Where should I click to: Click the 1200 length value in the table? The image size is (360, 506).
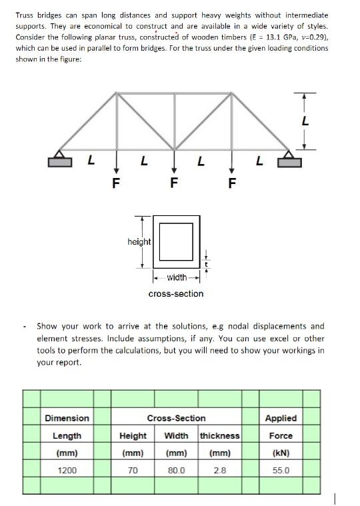point(67,470)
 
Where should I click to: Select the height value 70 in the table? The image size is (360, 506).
point(133,470)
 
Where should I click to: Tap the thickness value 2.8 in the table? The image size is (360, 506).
point(219,470)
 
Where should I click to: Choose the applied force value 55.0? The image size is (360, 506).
point(281,470)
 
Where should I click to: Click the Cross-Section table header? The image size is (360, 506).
point(176,418)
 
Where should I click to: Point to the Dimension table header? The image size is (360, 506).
point(67,418)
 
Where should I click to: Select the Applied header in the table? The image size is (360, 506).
point(281,418)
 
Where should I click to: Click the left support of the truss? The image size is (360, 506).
point(59,159)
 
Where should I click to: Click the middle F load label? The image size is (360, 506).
point(174,182)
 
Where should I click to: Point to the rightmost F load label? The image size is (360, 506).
point(231,182)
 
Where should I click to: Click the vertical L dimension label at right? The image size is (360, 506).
point(305,121)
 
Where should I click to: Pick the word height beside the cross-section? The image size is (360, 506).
point(139,241)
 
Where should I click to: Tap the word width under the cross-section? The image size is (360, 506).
point(177,277)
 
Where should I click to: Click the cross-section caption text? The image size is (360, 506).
point(176,293)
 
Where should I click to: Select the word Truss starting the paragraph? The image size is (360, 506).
point(26,15)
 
